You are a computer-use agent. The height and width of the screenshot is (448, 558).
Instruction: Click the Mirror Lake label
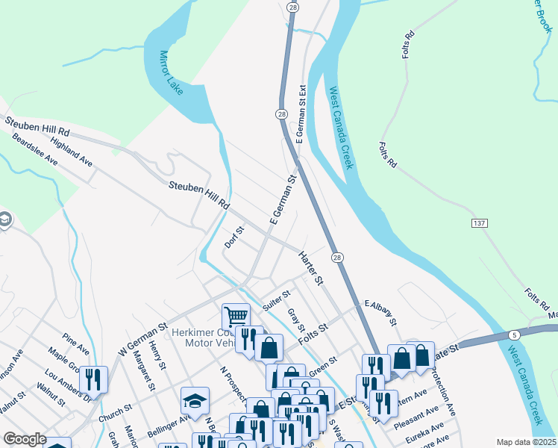point(171,73)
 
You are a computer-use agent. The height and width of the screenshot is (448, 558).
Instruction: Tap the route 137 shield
point(480,223)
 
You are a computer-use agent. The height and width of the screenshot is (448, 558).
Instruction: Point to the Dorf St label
point(234,238)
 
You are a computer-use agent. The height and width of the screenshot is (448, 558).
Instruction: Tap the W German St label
point(141,339)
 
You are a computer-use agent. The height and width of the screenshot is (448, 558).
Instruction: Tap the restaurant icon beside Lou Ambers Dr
point(93,379)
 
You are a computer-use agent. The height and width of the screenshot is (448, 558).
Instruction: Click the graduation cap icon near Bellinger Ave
point(195,401)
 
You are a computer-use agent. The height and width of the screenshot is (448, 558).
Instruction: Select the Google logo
point(24,439)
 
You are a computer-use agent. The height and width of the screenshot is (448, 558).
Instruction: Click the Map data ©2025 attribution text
point(527,442)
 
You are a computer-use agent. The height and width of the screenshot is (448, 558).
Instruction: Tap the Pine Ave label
point(76,345)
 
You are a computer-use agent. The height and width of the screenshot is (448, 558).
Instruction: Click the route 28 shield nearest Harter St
point(338,257)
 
